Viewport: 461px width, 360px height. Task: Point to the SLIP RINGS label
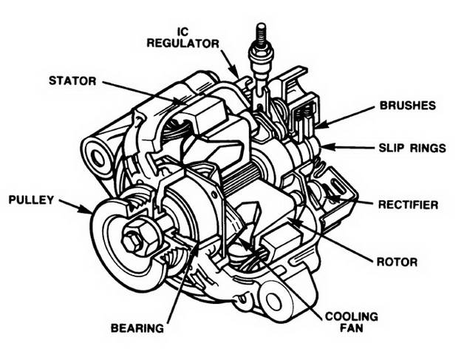coord(412,148)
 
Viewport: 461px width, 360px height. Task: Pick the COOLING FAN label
coord(352,323)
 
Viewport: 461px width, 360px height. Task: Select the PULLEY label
coord(30,200)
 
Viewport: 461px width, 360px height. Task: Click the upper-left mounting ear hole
coord(96,155)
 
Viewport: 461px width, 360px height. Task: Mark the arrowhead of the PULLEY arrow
coord(88,211)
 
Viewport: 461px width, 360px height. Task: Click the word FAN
coord(352,330)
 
